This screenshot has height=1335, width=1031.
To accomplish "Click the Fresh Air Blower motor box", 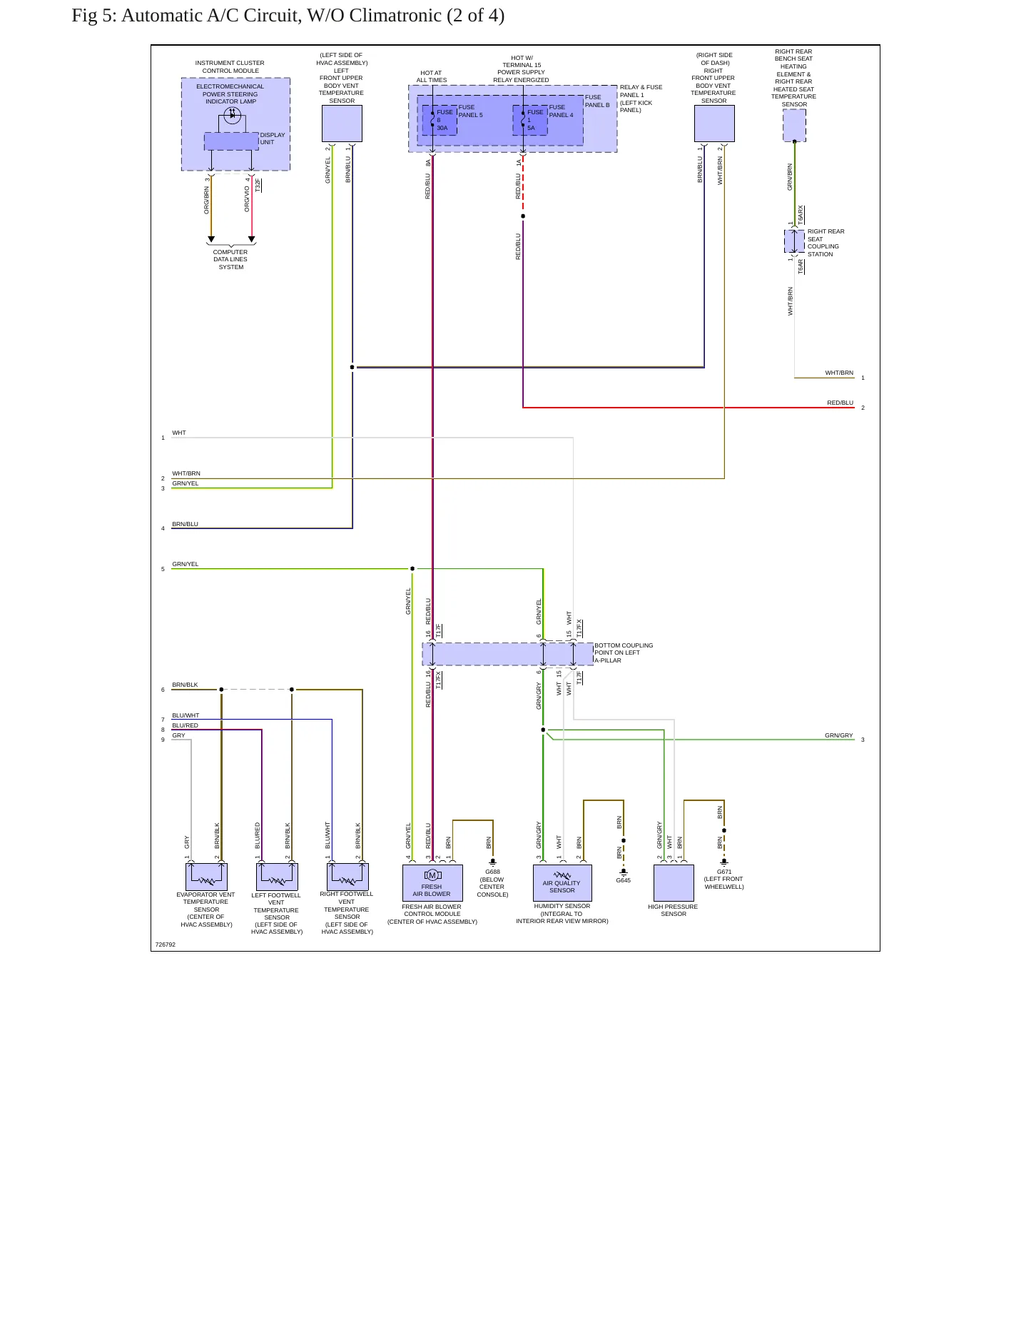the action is click(x=432, y=883).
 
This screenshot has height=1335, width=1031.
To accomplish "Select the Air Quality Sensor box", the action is click(x=562, y=883).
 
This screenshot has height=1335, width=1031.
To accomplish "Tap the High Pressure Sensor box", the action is click(x=674, y=883).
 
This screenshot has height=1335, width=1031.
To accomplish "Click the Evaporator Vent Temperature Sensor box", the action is click(x=206, y=877).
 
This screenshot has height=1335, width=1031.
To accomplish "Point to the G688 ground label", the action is click(x=492, y=872).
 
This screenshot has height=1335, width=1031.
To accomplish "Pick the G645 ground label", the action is click(x=624, y=880).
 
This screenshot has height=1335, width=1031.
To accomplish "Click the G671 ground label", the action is click(x=724, y=872).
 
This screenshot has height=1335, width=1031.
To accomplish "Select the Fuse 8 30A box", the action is click(x=440, y=120).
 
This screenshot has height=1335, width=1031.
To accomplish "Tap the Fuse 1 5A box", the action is click(x=530, y=120).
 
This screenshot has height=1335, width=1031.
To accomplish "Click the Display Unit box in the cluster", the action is click(x=231, y=141).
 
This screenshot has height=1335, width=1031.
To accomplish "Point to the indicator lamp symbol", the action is click(x=232, y=116).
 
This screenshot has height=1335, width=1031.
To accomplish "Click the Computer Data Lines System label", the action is click(x=230, y=259).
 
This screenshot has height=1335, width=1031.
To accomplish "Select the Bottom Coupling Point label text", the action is click(x=624, y=653).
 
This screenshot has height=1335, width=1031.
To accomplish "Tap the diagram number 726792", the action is click(x=166, y=944).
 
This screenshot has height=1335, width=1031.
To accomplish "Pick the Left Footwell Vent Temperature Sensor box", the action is click(x=277, y=877).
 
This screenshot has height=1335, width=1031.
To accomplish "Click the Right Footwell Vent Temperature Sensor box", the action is click(x=347, y=877).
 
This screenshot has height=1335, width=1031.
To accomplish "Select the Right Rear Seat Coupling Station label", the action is click(x=826, y=243).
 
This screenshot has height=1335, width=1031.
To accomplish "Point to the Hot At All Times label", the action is click(x=431, y=76).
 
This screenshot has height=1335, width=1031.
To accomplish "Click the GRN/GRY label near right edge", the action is click(x=839, y=735).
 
